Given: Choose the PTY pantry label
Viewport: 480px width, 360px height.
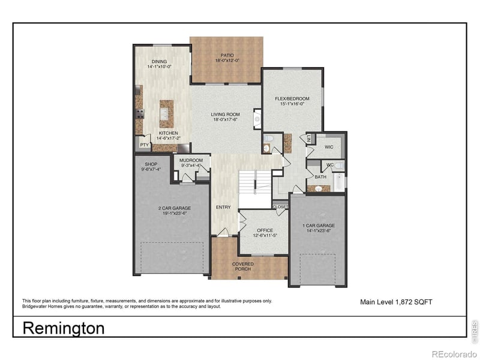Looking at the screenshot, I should pos(144,145).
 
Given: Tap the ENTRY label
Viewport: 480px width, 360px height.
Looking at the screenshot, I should pos(223,208).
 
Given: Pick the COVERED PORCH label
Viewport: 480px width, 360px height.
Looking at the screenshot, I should pos(242,266).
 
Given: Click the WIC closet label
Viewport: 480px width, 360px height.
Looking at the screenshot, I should pos(329,147).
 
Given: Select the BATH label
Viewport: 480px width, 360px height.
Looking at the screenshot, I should pos(320,176).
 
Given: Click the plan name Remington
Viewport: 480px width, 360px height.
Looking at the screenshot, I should pos(64,328).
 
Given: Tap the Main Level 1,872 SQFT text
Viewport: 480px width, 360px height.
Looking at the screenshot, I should pos(395,302).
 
